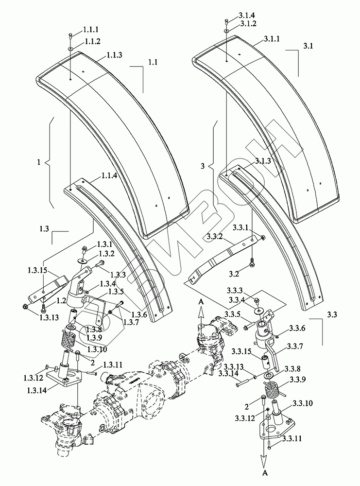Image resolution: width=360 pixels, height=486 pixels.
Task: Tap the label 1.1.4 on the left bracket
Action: tap(109, 176)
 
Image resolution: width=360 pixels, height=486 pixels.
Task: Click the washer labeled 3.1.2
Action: tap(227, 30)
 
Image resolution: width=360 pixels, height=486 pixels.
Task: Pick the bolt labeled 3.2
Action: tap(252, 263)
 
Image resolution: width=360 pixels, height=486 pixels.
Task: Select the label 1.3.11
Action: tap(111, 365)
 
